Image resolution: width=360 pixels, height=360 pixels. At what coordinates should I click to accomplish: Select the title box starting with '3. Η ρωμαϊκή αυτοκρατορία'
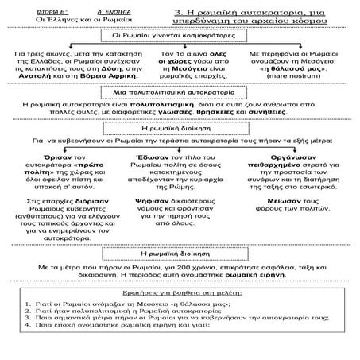[263, 16]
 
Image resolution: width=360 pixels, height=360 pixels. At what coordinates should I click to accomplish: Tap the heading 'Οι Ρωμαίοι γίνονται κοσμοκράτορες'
[179, 36]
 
